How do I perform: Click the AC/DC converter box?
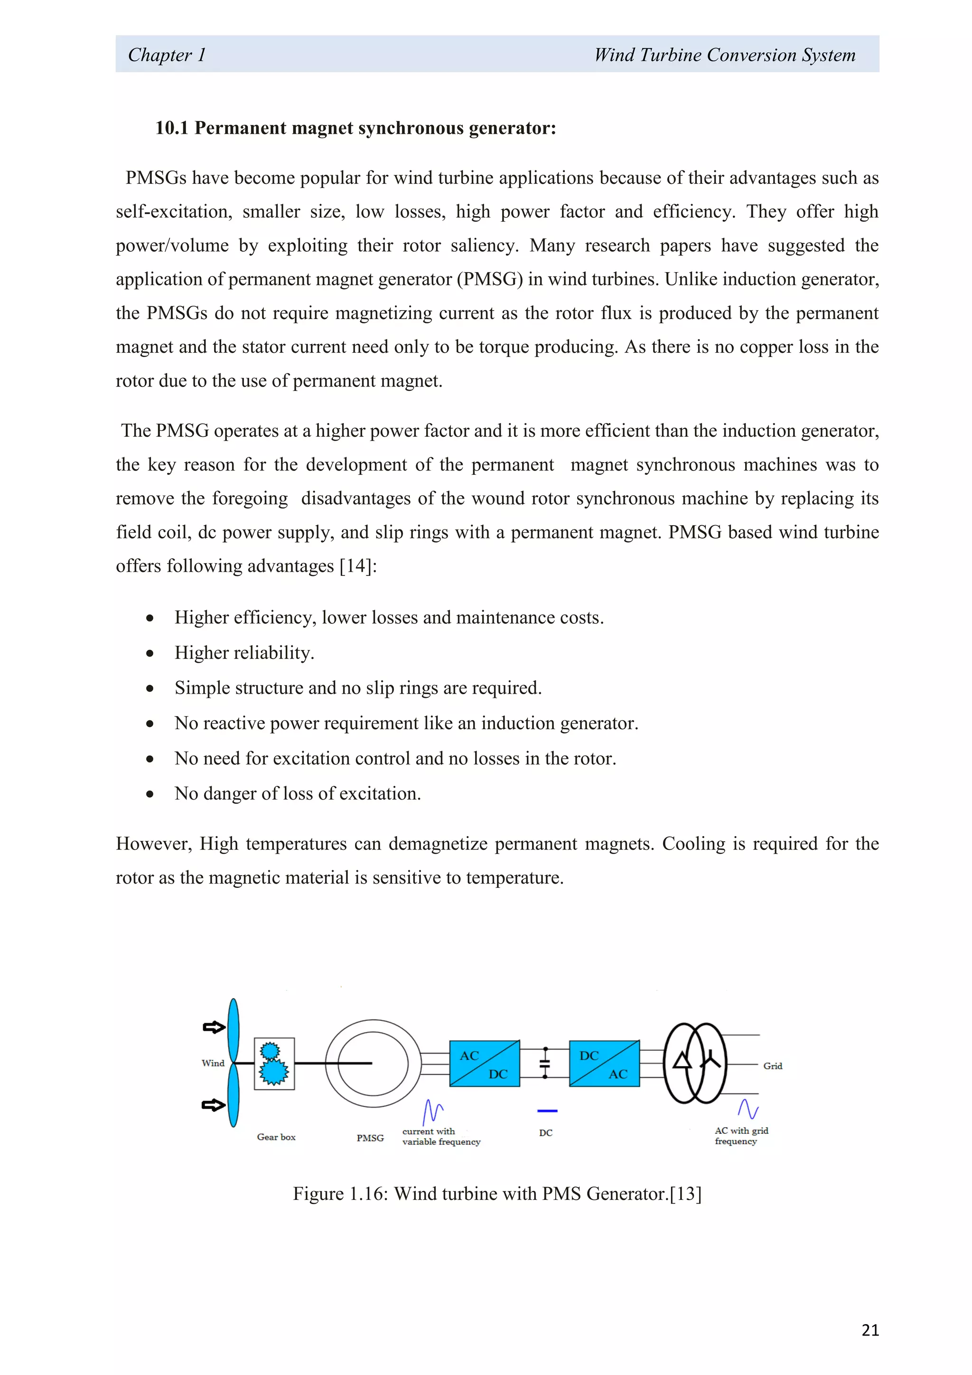(484, 1064)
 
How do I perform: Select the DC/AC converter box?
(604, 1064)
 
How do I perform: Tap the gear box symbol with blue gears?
(274, 1064)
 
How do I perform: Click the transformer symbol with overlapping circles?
(695, 1063)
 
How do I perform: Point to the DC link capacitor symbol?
(545, 1063)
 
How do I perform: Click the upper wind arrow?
(214, 1027)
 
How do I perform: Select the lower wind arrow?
(214, 1105)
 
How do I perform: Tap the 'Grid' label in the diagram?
(772, 1066)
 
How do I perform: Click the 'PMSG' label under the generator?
(370, 1138)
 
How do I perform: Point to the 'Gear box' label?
(276, 1137)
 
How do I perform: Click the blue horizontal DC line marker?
(547, 1111)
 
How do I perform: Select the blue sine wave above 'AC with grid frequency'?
(748, 1109)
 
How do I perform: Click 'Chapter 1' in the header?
(167, 55)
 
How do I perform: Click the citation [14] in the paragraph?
(355, 566)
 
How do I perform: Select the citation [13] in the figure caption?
(685, 1194)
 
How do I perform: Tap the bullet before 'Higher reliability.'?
(150, 653)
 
